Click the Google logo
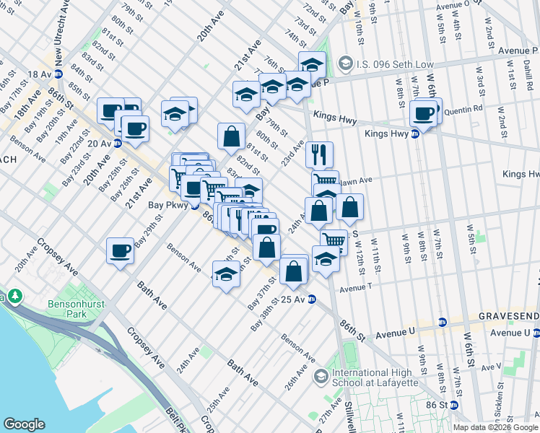[25, 424]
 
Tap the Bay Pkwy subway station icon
[194, 205]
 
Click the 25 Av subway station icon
[311, 299]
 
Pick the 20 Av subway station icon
[117, 143]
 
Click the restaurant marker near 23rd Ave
[318, 154]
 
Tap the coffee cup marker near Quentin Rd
[424, 113]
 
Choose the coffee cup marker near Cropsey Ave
[120, 251]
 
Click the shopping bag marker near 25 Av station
[294, 271]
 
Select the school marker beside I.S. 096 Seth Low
[312, 64]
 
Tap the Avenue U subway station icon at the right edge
[536, 333]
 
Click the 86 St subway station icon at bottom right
[453, 406]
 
